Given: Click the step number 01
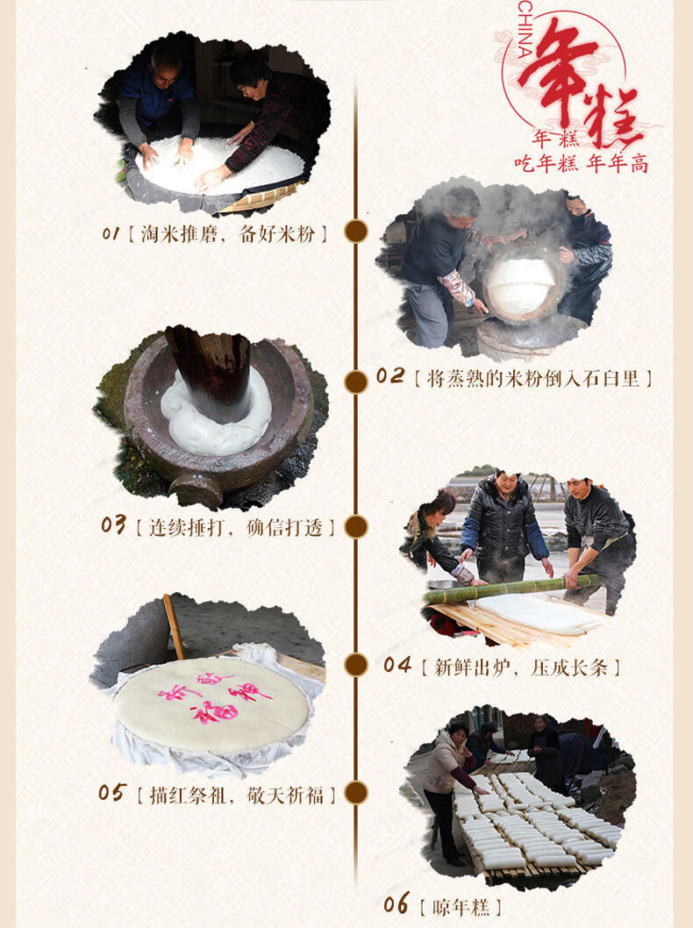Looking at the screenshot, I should (111, 233).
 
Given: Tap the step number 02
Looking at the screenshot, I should (390, 376).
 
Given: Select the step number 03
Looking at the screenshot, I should (113, 525).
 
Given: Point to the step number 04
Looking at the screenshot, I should (397, 665).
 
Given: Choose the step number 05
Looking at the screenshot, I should (111, 793).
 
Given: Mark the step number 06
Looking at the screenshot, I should (397, 904).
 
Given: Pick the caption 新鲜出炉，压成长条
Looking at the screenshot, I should (521, 667).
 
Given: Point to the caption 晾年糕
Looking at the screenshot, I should (461, 906).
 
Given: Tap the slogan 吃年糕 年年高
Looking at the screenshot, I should (581, 164).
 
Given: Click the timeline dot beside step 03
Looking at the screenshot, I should (355, 526).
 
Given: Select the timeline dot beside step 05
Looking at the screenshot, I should (355, 793).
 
